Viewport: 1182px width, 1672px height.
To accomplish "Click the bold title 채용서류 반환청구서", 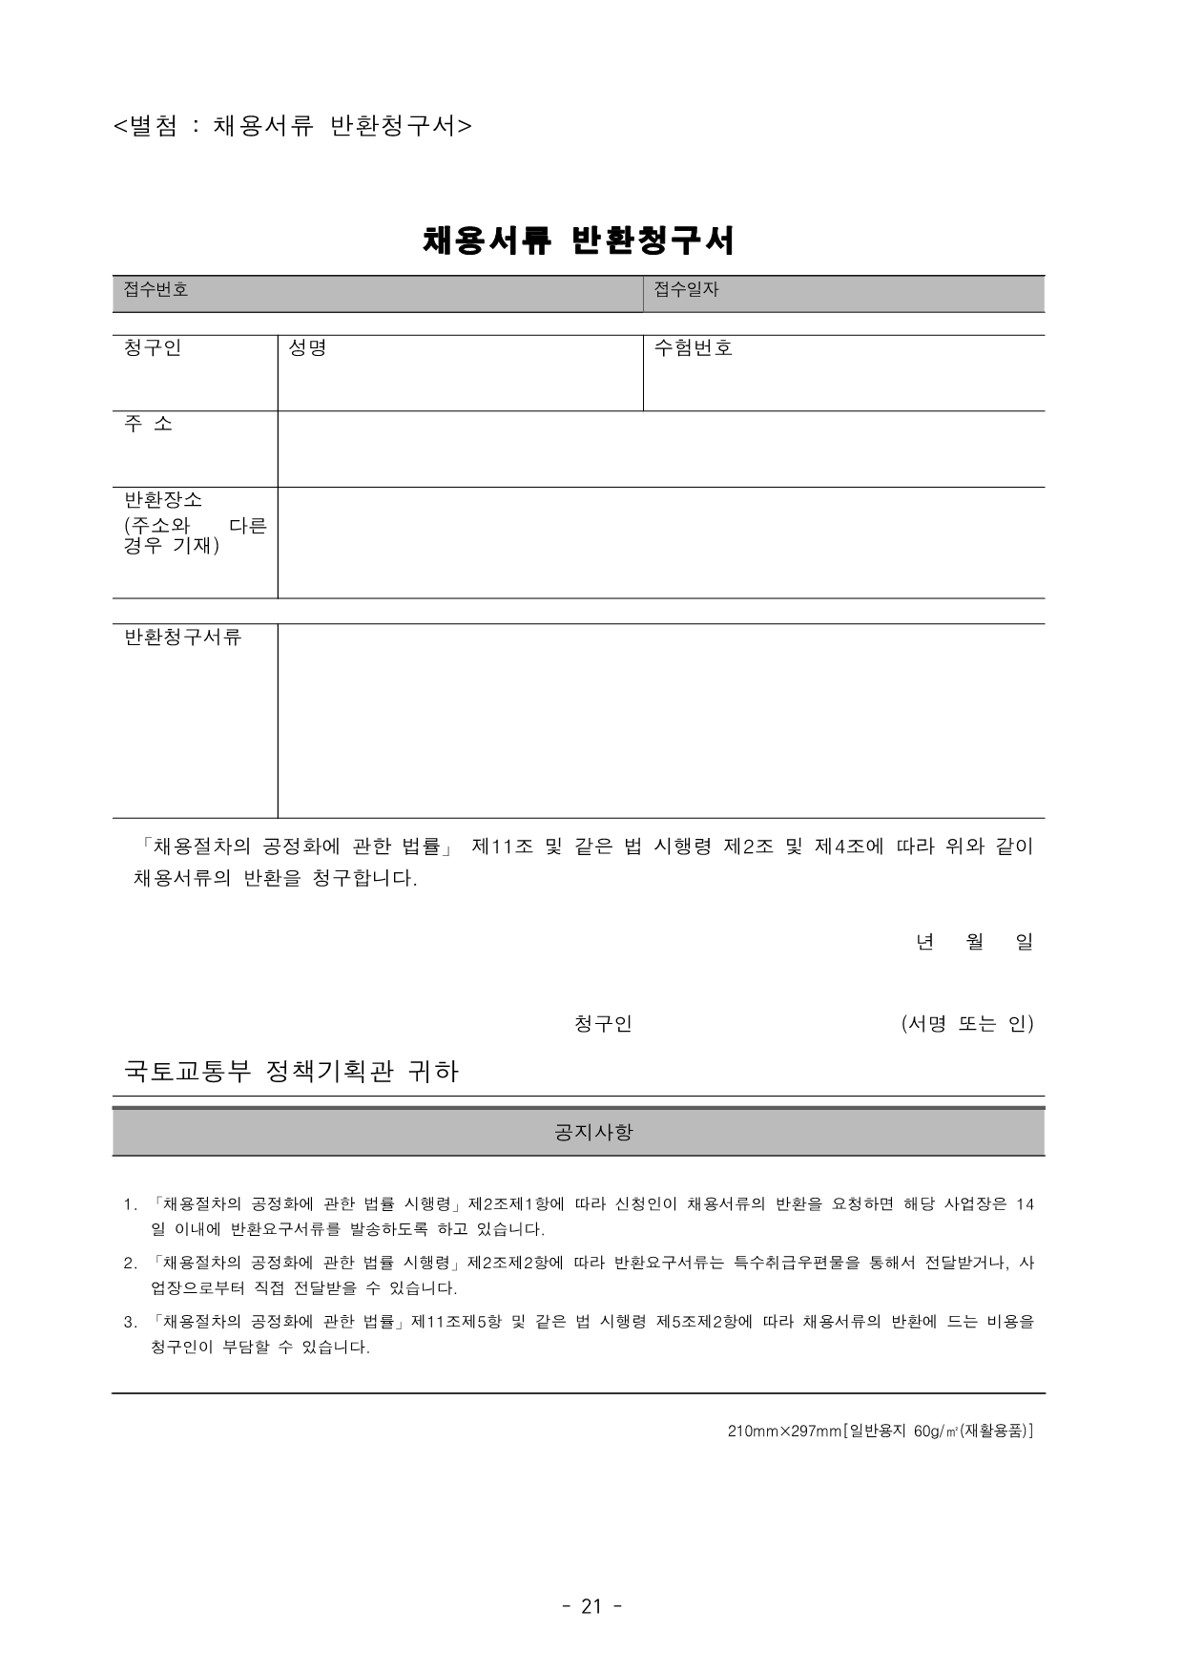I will coord(578,240).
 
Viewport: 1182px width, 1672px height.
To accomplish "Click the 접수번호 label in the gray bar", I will coord(156,289).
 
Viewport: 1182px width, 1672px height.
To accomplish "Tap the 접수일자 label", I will coord(686,289).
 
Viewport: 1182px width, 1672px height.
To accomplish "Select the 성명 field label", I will coord(307,348).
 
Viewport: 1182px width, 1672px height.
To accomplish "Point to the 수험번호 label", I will coord(694,348).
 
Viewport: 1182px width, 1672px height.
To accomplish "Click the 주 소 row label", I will coord(149,424).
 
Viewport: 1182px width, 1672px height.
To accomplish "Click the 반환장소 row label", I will coord(163,500).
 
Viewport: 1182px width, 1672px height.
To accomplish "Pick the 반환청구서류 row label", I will coord(183,637).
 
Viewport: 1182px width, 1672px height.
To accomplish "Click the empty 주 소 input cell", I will coord(660,449).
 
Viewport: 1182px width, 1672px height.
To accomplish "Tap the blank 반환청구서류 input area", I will coord(660,721).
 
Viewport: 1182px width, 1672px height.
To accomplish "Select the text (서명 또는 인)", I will coord(967,1024).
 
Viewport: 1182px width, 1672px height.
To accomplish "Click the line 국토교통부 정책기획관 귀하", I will coord(292,1072).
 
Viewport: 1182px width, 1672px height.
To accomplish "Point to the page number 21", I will coord(591,1606).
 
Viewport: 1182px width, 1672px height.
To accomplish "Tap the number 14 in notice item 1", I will coord(1025,1204).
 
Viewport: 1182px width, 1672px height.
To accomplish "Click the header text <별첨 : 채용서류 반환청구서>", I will coord(292,126).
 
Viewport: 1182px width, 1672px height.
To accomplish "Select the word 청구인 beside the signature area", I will coord(603,1024).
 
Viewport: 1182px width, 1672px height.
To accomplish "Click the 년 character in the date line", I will coord(923,942).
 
